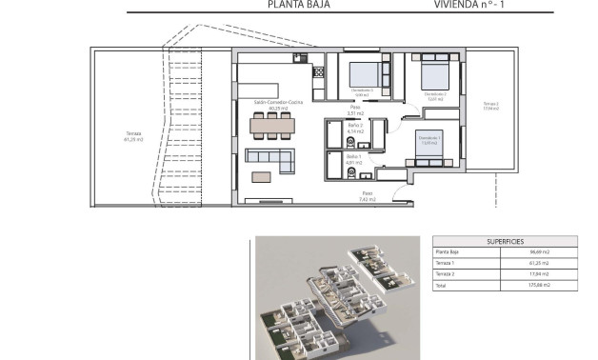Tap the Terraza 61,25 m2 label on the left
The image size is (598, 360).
(133, 136)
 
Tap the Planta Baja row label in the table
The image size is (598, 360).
(448, 252)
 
